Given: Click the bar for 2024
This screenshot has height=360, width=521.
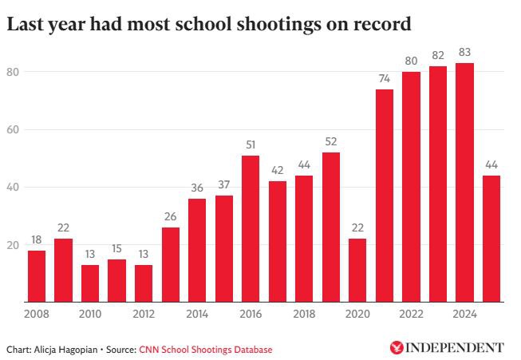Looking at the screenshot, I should click(x=464, y=182).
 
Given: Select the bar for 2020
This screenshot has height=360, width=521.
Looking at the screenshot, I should click(x=357, y=270).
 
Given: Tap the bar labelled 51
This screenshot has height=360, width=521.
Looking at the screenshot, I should click(x=251, y=228).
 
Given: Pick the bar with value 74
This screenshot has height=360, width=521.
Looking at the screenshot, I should click(x=385, y=196).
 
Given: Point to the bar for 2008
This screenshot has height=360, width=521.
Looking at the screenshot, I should click(x=37, y=275).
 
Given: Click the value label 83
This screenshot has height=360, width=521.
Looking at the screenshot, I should click(x=464, y=53).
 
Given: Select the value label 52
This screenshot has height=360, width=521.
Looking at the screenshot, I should click(x=331, y=142).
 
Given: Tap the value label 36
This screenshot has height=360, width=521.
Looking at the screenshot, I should click(x=197, y=188).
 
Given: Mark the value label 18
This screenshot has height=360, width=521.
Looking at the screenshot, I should click(x=37, y=240).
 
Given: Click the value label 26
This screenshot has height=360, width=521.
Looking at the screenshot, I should click(x=171, y=217).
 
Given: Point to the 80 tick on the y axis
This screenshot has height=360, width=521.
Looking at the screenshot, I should click(x=14, y=72).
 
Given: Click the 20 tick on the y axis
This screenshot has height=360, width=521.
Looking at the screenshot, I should click(x=14, y=244).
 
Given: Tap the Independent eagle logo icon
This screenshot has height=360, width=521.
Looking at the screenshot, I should click(x=396, y=347).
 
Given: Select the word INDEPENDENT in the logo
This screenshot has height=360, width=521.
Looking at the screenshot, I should click(x=455, y=347).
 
